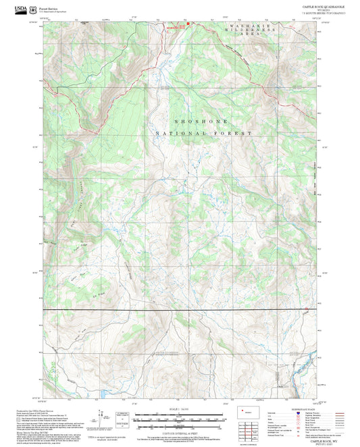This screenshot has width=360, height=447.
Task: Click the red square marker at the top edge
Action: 188,26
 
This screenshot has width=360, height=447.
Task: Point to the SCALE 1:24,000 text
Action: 180,409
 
